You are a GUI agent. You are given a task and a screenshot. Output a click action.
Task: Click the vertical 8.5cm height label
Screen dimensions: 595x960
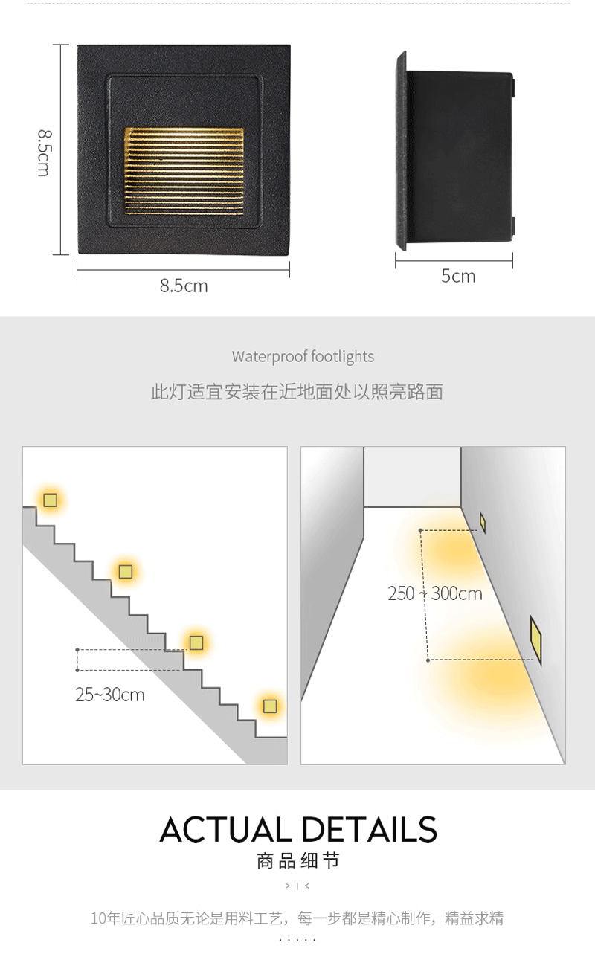[44, 153]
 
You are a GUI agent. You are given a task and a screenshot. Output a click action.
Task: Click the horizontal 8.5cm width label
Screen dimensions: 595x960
[184, 286]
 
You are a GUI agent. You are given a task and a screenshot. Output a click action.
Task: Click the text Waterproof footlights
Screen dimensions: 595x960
[303, 357]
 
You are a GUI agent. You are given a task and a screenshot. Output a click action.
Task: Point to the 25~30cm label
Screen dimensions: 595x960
[110, 695]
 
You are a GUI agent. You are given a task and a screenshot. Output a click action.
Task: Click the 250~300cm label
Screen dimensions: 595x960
[435, 593]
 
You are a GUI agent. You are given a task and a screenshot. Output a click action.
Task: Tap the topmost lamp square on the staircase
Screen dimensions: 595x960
[50, 500]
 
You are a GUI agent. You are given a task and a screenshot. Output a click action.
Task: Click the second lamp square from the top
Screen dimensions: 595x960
[126, 571]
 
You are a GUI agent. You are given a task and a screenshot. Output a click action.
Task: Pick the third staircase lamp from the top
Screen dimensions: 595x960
[196, 642]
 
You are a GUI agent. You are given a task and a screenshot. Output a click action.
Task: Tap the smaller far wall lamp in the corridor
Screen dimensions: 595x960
[483, 522]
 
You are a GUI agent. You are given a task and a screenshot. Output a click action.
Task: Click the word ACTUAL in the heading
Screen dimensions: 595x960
[226, 829]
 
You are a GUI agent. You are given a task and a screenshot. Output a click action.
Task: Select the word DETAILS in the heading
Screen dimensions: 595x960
[370, 829]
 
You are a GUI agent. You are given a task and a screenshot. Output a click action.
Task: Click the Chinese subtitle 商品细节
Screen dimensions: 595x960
[298, 862]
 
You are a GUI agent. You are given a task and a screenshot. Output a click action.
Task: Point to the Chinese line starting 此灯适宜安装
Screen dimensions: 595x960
[297, 392]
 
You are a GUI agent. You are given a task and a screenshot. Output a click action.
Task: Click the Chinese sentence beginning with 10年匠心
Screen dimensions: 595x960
[297, 918]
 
